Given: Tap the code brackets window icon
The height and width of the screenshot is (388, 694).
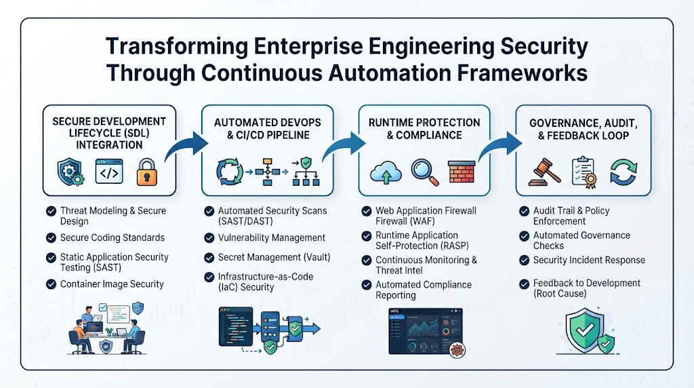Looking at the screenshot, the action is pyautogui.click(x=109, y=172).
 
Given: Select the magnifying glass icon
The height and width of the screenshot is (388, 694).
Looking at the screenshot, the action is pyautogui.click(x=424, y=172).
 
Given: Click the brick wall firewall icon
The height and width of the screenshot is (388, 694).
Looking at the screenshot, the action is pyautogui.click(x=461, y=172).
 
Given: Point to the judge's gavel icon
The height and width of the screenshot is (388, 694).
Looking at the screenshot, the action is pyautogui.click(x=544, y=172).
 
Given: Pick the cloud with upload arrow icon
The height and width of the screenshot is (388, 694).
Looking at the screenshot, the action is pyautogui.click(x=386, y=172).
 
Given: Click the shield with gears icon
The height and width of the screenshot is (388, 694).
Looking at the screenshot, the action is pyautogui.click(x=70, y=172).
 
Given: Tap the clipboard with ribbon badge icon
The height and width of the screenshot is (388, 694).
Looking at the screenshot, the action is pyautogui.click(x=584, y=172).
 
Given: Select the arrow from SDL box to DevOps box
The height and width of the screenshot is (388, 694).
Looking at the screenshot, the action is pyautogui.click(x=186, y=146).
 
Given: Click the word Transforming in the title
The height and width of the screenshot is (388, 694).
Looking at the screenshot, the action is pyautogui.click(x=177, y=47).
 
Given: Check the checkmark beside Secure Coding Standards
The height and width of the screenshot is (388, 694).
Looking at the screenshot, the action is pyautogui.click(x=51, y=238).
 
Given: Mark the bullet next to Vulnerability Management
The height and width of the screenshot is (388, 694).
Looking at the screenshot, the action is pyautogui.click(x=209, y=238).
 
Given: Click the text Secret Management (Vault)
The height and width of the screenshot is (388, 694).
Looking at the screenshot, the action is pyautogui.click(x=274, y=257).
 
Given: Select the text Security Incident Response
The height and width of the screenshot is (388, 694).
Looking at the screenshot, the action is pyautogui.click(x=589, y=260).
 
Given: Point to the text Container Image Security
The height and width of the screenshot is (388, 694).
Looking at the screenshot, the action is pyautogui.click(x=112, y=284).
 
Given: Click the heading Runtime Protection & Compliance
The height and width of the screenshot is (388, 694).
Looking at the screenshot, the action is pyautogui.click(x=424, y=129).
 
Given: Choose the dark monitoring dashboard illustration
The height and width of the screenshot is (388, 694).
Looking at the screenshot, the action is pyautogui.click(x=426, y=331).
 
